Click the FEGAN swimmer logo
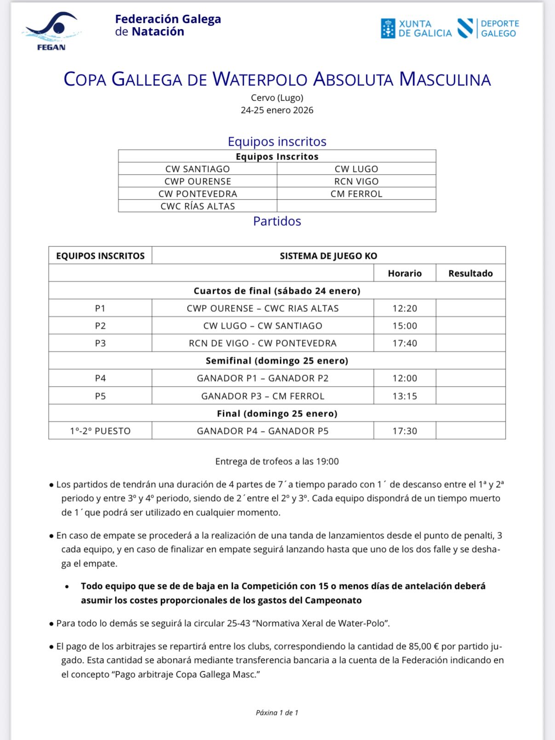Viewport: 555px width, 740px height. click(x=51, y=30)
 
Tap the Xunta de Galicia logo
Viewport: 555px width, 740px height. click(x=416, y=29)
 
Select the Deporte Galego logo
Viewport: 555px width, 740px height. click(x=488, y=29)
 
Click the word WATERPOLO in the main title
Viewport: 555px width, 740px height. click(x=260, y=79)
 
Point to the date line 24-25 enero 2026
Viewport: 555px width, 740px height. click(x=277, y=110)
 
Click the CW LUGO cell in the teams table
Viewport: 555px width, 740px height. click(x=356, y=169)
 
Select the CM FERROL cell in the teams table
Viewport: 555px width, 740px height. click(x=356, y=194)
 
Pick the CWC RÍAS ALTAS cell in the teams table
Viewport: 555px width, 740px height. click(x=197, y=206)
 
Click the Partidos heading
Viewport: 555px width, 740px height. click(x=277, y=221)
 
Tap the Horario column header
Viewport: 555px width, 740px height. click(x=405, y=273)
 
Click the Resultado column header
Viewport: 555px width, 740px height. click(x=470, y=273)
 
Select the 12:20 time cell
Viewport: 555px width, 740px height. click(x=405, y=308)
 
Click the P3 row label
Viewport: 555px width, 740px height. click(x=100, y=343)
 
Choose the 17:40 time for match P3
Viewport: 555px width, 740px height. click(x=405, y=343)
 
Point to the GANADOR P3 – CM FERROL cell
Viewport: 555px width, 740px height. click(x=262, y=396)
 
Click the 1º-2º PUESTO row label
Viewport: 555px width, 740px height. click(x=100, y=431)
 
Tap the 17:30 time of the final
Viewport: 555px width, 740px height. click(x=405, y=431)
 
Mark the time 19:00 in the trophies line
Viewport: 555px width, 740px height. click(x=327, y=462)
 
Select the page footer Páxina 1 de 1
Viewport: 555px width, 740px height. click(x=277, y=713)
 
